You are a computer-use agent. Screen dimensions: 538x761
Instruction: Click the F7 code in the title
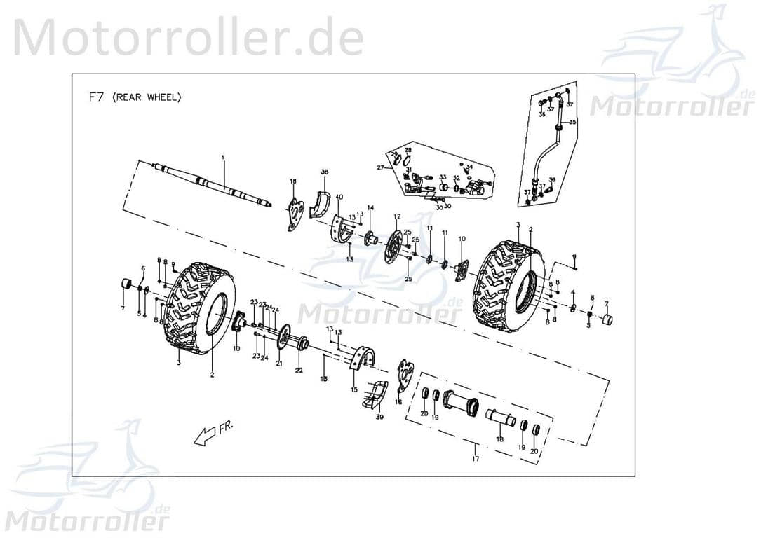(x=96, y=97)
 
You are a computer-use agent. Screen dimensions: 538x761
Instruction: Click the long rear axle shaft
(x=210, y=186)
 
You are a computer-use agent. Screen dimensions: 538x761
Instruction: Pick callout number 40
(x=339, y=197)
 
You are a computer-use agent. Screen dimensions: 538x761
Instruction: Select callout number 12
(x=396, y=216)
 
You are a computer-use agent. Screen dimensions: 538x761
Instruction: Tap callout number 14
(x=370, y=208)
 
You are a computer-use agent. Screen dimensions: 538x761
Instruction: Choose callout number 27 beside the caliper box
(x=379, y=168)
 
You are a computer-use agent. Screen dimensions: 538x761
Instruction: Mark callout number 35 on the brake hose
(x=572, y=123)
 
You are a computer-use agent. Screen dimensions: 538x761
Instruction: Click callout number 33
(x=443, y=178)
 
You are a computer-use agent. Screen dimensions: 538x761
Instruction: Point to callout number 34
(x=470, y=167)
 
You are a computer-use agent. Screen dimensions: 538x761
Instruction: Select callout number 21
(x=278, y=363)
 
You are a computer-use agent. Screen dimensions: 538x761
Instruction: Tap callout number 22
(x=298, y=370)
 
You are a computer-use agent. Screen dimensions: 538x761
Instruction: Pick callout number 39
(x=379, y=418)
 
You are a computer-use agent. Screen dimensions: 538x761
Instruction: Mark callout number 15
(x=354, y=389)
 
